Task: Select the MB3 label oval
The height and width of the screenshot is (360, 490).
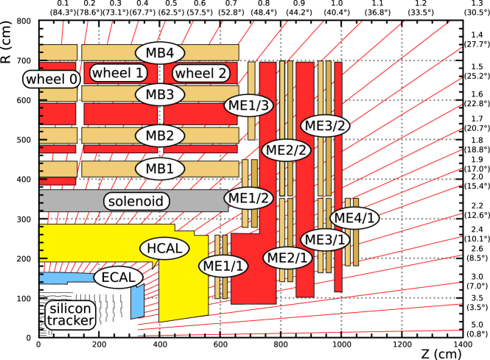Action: click(x=159, y=95)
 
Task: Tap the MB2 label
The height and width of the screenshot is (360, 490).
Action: click(x=159, y=135)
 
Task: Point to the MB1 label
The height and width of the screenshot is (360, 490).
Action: click(x=159, y=169)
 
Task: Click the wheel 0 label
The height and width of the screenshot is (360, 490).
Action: click(x=51, y=79)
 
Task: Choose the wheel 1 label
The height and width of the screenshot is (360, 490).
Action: click(x=118, y=73)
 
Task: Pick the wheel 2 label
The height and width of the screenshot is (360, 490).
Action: click(x=200, y=73)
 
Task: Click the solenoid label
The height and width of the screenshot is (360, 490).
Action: click(x=136, y=201)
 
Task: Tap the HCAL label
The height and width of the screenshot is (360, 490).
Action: click(x=164, y=249)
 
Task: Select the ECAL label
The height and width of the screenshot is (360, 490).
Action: click(x=118, y=278)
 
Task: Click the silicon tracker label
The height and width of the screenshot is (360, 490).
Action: click(x=71, y=314)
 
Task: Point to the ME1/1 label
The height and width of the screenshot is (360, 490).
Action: click(x=223, y=266)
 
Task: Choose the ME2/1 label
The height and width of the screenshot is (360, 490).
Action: click(x=287, y=258)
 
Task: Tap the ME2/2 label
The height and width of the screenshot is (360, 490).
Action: click(x=287, y=149)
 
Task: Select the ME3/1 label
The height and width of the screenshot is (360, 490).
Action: click(x=325, y=239)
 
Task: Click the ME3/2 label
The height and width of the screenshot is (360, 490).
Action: click(x=325, y=125)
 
